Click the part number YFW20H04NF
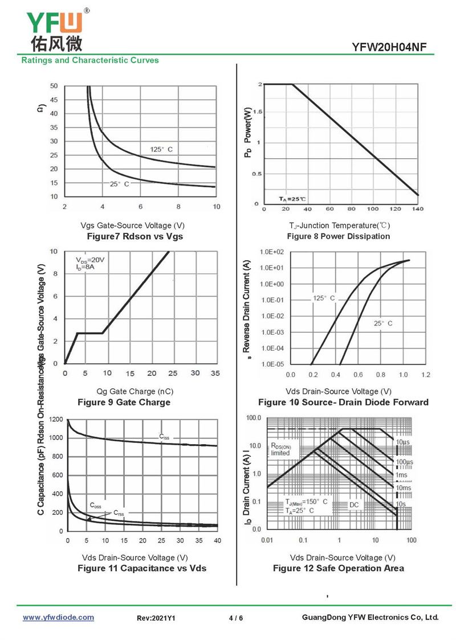pos(389,47)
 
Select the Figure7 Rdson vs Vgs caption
pos(135,236)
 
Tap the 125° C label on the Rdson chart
pos(161,149)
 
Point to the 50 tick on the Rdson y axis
pos(54,86)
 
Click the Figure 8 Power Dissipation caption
pos(339,236)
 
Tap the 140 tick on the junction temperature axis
pos(418,209)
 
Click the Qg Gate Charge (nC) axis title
pos(135,391)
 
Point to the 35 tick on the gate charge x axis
pos(215,373)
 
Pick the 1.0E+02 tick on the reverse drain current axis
pos(272,252)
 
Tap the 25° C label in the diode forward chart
pos(383,323)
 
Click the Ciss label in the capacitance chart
pos(164,437)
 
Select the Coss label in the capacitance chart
pos(96,505)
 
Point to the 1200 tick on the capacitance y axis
pos(56,420)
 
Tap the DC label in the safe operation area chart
pos(354,504)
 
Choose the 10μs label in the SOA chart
pos(402,442)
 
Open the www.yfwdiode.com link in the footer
pos(58,617)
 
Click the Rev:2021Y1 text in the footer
pos(156,618)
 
